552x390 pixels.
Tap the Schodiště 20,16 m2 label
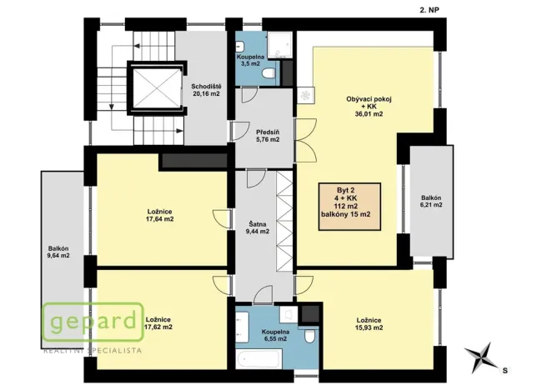tap(205, 90)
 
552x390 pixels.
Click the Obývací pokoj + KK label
tap(369, 107)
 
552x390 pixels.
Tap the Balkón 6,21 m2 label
tap(430, 201)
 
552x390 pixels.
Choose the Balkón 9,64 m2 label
tap(58, 252)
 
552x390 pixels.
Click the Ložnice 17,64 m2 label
tap(159, 215)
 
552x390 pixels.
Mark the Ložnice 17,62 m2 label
tap(159, 322)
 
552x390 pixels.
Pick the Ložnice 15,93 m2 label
tap(369, 324)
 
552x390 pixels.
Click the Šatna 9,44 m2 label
tap(258, 227)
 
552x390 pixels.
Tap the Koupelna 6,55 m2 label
tap(270, 335)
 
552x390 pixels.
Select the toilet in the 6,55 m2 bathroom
tap(309, 337)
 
